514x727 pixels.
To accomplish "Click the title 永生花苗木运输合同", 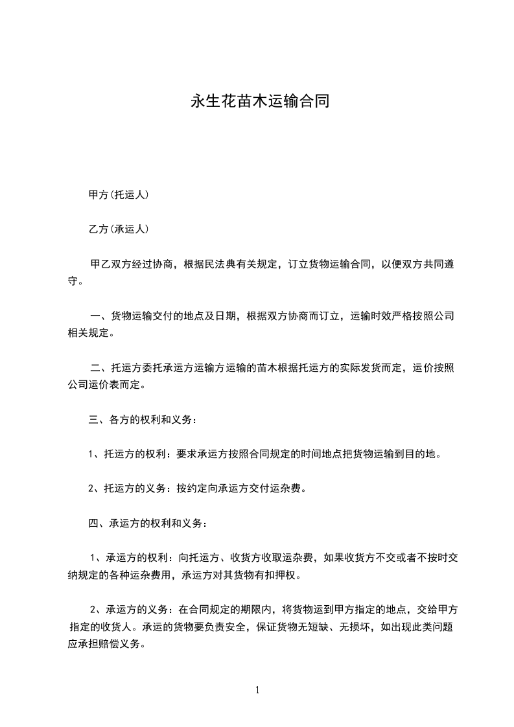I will click(259, 102).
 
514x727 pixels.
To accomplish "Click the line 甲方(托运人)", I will click(119, 194).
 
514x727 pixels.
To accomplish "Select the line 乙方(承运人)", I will click(119, 229).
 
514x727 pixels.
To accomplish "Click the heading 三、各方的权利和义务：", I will click(143, 419).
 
